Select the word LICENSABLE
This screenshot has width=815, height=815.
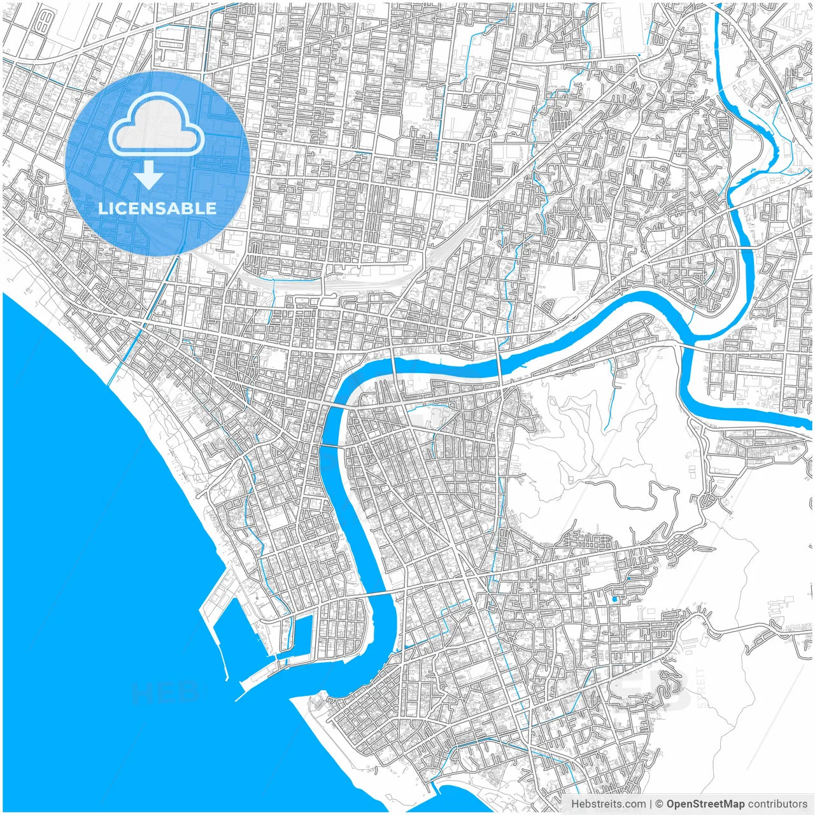157,208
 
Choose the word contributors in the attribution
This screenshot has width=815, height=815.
777,804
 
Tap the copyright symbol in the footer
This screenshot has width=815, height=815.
660,804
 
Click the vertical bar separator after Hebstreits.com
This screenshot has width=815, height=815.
651,804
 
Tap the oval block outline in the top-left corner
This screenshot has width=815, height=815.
43,24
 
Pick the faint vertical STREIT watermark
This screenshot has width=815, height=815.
701,688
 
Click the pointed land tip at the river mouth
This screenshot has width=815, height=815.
299,699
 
